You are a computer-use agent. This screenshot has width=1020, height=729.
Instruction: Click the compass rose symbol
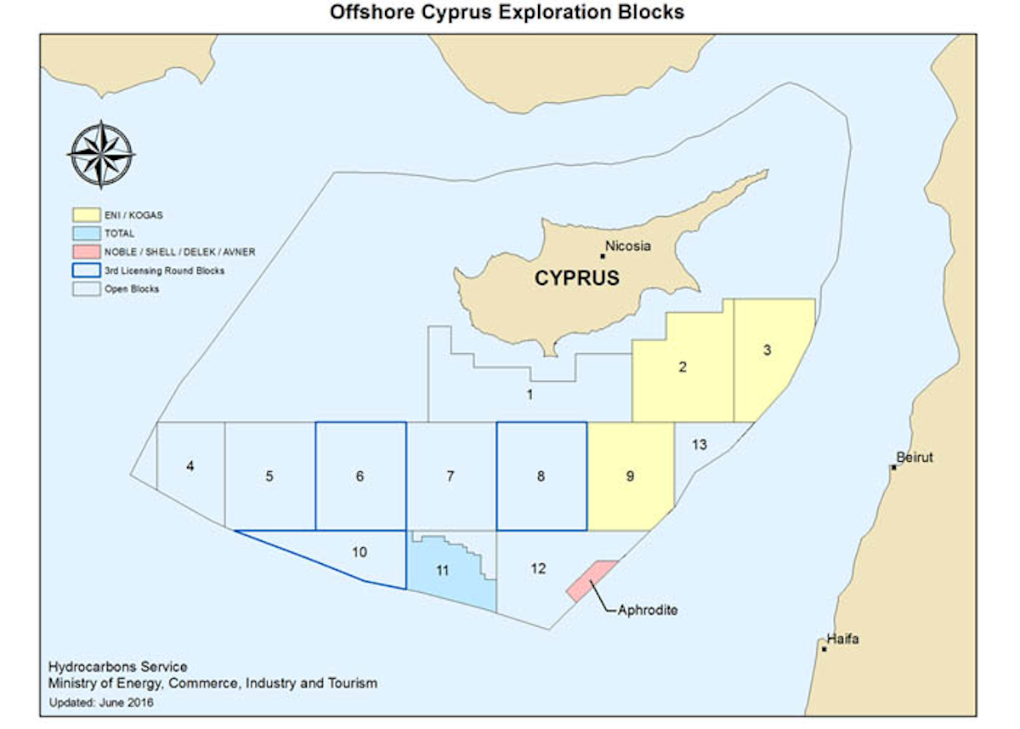tap(101, 155)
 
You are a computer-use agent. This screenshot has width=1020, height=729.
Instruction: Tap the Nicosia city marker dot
tap(603, 255)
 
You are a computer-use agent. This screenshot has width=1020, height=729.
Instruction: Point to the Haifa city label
tap(843, 639)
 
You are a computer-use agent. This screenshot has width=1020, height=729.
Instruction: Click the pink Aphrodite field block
tap(592, 581)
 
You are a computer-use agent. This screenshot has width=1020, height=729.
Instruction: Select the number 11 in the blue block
tap(442, 571)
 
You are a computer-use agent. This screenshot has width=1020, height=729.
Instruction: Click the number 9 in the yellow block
tap(630, 476)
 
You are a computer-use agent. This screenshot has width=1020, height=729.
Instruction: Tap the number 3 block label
tap(767, 350)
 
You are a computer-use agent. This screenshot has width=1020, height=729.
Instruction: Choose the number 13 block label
tap(700, 445)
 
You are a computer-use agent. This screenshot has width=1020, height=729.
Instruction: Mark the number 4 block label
tap(190, 466)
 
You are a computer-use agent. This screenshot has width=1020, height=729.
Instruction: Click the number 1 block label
tap(530, 394)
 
